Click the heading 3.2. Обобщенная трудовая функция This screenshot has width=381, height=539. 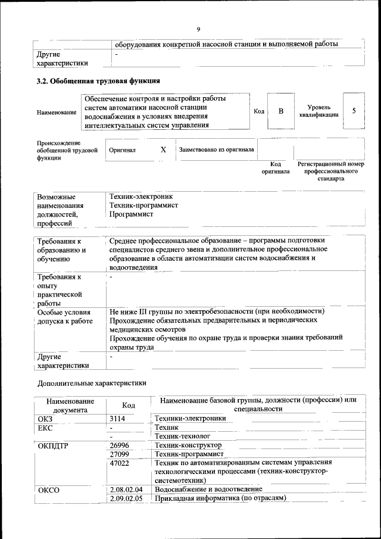[x=98, y=80]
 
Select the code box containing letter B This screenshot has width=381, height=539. [x=282, y=111]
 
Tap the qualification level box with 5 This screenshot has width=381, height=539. [x=354, y=111]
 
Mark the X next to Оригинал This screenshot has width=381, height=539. [x=163, y=150]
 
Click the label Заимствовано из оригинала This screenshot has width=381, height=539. [x=217, y=150]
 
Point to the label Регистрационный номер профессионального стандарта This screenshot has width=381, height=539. [x=330, y=171]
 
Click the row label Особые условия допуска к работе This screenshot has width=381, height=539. [x=64, y=316]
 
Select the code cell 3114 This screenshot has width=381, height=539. [x=117, y=419]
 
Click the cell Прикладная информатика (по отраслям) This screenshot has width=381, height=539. [x=220, y=498]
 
